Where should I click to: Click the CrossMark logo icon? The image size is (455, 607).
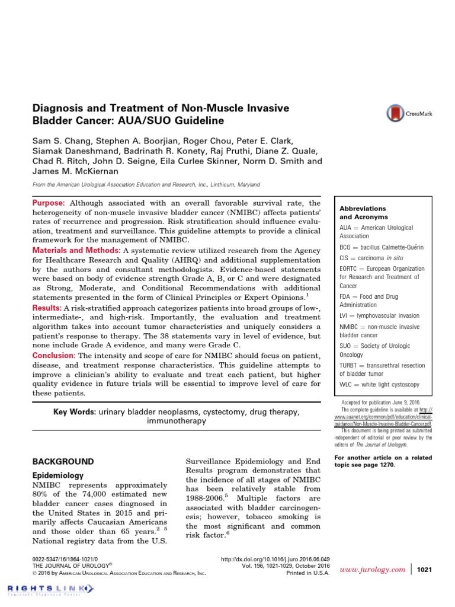(395, 113)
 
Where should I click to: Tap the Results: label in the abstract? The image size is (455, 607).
(46, 308)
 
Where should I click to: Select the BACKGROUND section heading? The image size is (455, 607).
(62, 461)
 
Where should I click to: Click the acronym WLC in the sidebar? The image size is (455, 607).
(347, 384)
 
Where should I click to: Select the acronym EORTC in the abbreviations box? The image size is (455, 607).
(351, 269)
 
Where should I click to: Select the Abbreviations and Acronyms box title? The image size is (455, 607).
(363, 213)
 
